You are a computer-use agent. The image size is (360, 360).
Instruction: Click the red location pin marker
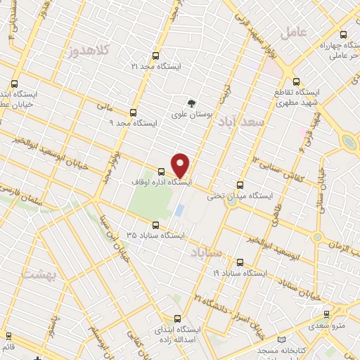(x=181, y=165)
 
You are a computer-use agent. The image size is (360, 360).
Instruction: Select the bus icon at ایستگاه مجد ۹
(x=133, y=112)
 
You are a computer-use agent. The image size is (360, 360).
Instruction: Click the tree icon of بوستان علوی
(x=191, y=103)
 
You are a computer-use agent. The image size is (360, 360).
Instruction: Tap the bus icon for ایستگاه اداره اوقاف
(x=162, y=172)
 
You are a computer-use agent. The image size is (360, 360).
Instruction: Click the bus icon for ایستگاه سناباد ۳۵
(x=155, y=226)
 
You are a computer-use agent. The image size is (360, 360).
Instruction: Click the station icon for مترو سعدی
(x=326, y=314)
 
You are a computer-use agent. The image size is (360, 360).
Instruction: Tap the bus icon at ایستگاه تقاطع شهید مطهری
(x=296, y=81)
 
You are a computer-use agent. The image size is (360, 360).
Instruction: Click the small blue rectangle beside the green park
(x=179, y=210)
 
